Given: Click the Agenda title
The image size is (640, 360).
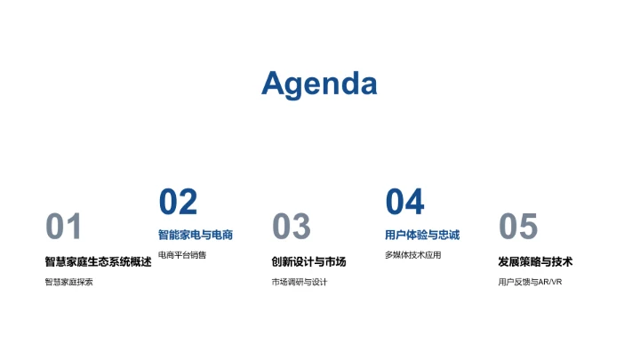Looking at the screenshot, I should click(319, 84).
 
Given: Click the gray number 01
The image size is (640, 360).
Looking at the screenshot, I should click(64, 228).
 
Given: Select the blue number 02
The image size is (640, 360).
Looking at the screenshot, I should click(178, 203).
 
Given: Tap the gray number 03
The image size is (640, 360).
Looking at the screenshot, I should click(291, 228).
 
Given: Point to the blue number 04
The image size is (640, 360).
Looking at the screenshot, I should click(404, 203).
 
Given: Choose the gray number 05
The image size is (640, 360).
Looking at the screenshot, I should click(518, 228).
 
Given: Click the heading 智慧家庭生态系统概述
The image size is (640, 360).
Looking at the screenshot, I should click(98, 261).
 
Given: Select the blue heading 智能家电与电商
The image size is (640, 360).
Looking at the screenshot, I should click(196, 235).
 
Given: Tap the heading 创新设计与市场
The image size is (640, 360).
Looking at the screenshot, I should click(308, 261).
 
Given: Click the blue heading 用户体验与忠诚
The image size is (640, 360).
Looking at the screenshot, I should click(422, 235).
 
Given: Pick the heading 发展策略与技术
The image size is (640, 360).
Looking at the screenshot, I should click(535, 261).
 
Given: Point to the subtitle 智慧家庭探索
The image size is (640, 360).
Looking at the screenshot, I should click(68, 282).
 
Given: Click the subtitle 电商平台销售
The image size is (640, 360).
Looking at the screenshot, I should click(181, 255).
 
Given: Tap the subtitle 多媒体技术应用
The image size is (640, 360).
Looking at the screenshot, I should click(412, 255).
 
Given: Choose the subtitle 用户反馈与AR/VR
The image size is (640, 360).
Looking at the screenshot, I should click(530, 282).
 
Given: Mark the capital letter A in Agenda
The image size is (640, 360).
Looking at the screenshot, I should click(275, 83).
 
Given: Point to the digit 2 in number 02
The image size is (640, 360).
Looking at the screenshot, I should click(188, 203).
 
